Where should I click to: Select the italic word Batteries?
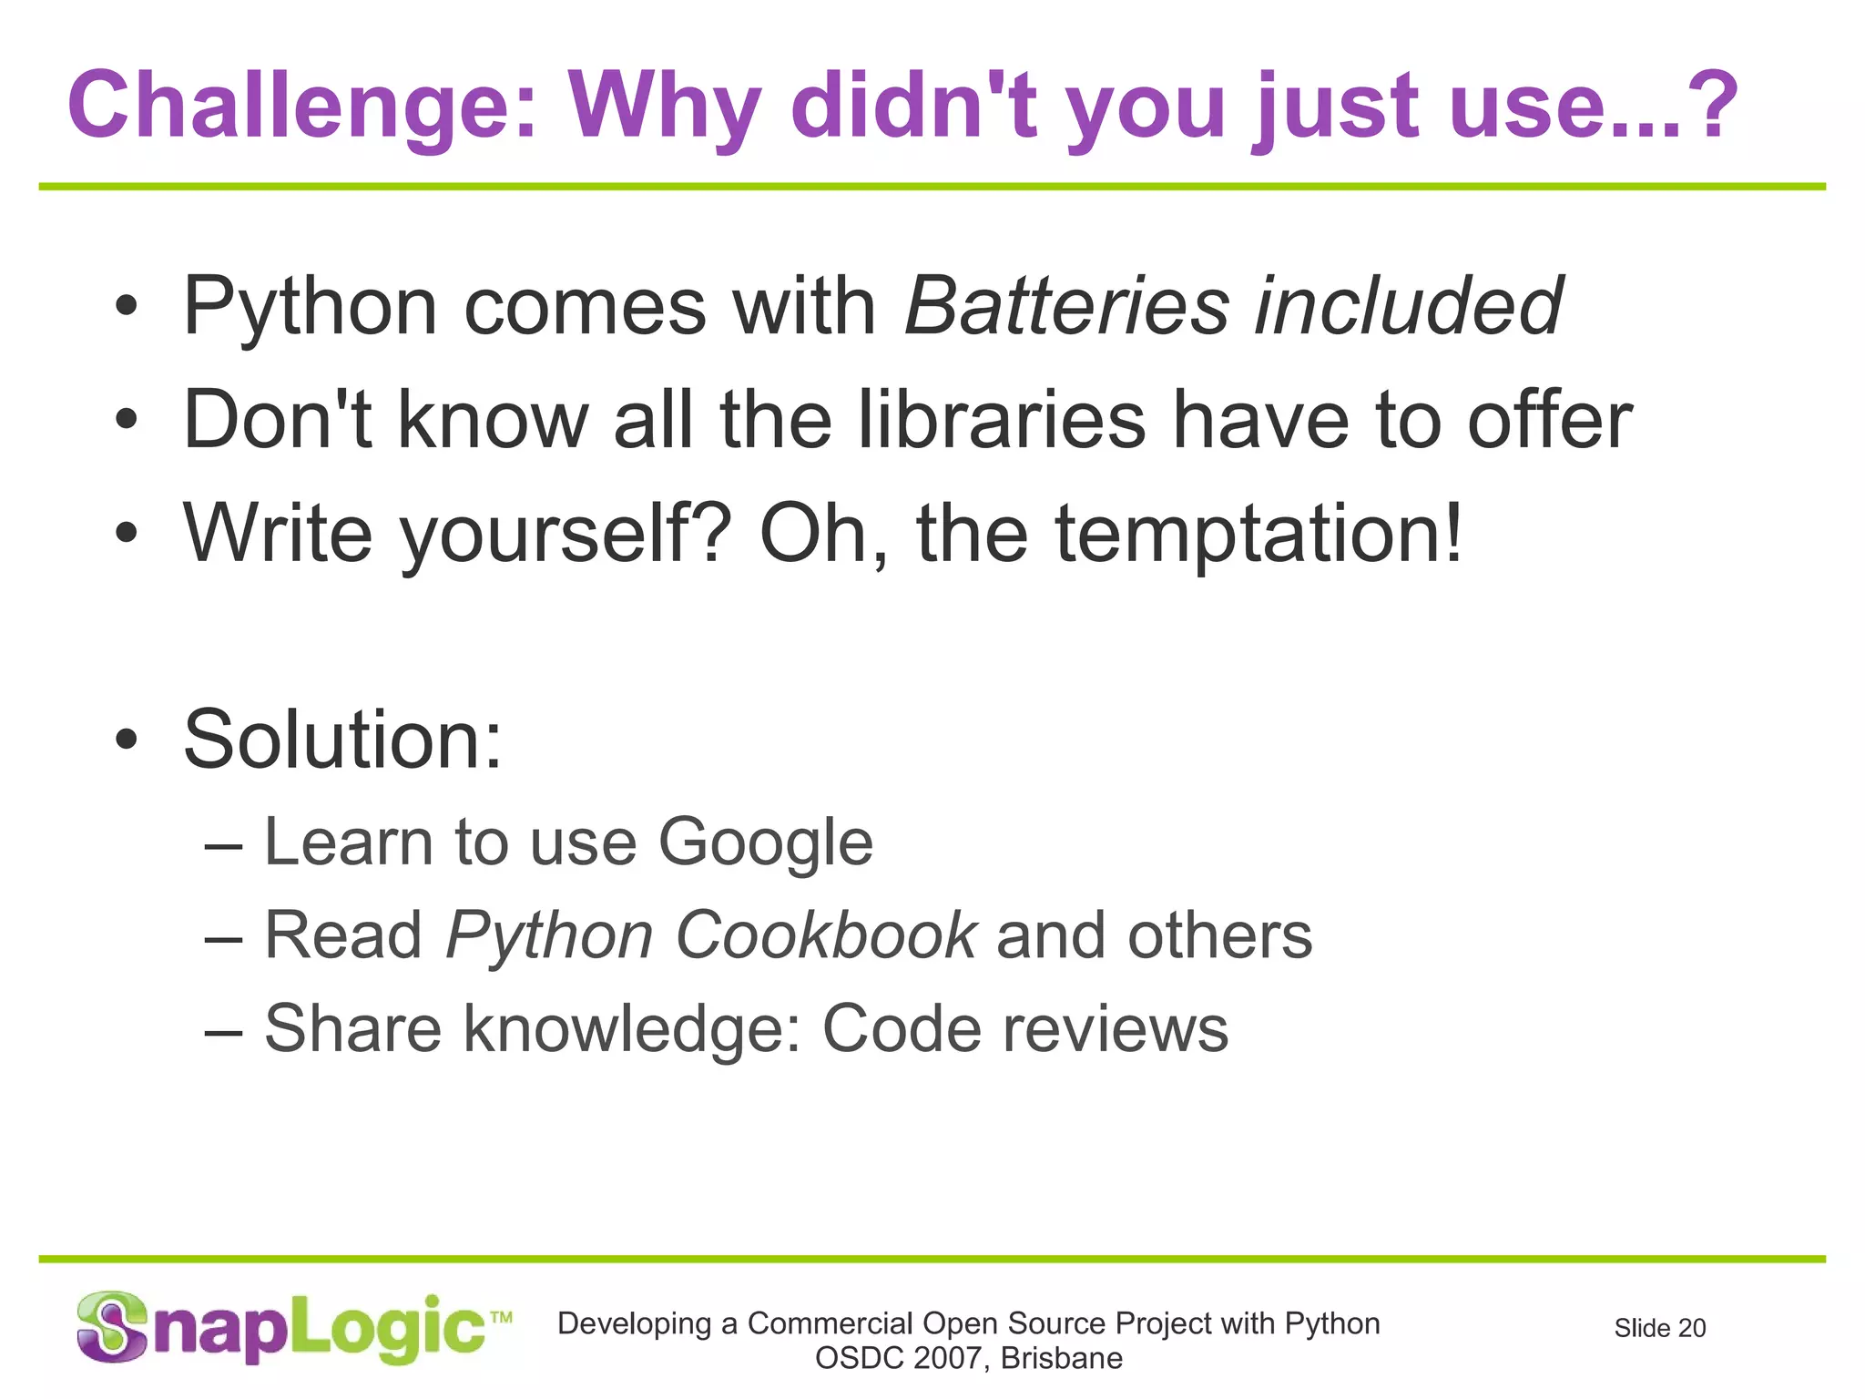tap(1066, 306)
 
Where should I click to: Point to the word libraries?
tap(1002, 420)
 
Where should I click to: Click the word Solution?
tap(342, 739)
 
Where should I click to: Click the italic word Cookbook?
tap(825, 935)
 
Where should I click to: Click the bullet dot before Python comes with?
tap(127, 308)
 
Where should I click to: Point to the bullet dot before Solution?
tap(127, 740)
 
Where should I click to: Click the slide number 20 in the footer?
tap(1691, 1329)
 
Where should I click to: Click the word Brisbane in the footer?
tap(1061, 1358)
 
